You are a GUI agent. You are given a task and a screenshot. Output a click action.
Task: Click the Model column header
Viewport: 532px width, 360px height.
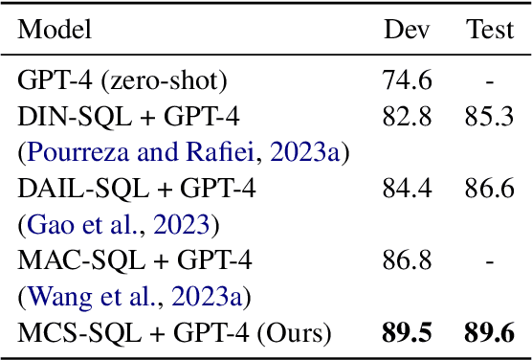coord(55,29)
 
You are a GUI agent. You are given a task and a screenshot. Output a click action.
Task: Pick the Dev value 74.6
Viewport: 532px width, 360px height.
coord(400,81)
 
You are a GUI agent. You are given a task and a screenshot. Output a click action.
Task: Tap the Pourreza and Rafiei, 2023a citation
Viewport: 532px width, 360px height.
coord(182,153)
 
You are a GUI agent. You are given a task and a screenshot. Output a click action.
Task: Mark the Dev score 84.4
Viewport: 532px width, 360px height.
coord(400,190)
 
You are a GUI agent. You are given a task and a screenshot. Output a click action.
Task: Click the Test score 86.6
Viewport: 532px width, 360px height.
coord(484,190)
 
